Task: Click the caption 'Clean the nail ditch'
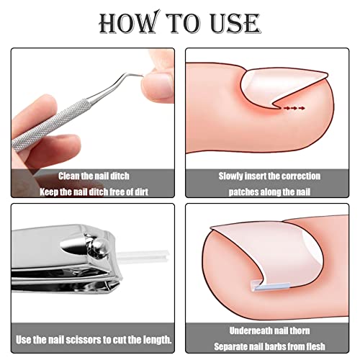coord(93,175)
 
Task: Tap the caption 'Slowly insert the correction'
coord(269,175)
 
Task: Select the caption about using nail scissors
coord(93,338)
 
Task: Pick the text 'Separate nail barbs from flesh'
coord(269,346)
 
